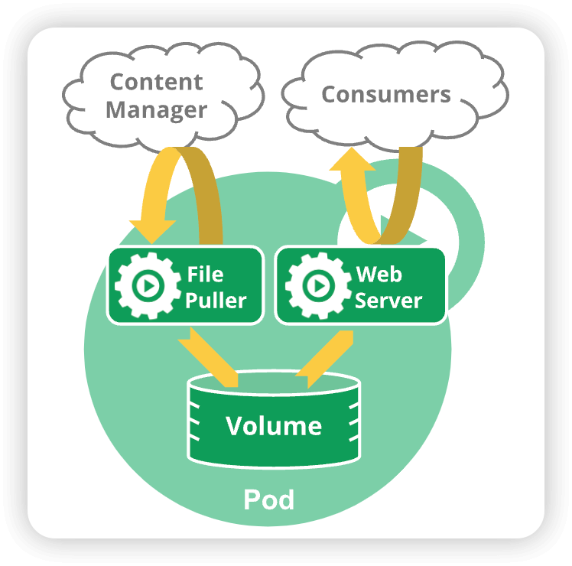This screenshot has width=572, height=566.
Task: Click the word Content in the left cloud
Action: click(156, 81)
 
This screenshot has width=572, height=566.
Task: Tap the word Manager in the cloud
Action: click(156, 109)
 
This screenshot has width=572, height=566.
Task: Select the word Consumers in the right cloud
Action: click(385, 94)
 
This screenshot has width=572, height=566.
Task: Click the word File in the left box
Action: click(205, 273)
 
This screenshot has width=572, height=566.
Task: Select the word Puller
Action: click(216, 300)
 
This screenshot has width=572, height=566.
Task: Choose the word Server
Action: click(388, 300)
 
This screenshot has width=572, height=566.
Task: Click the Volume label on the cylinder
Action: click(274, 425)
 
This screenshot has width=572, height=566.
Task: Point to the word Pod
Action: click(268, 499)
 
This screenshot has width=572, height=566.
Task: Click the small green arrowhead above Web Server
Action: click(387, 223)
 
